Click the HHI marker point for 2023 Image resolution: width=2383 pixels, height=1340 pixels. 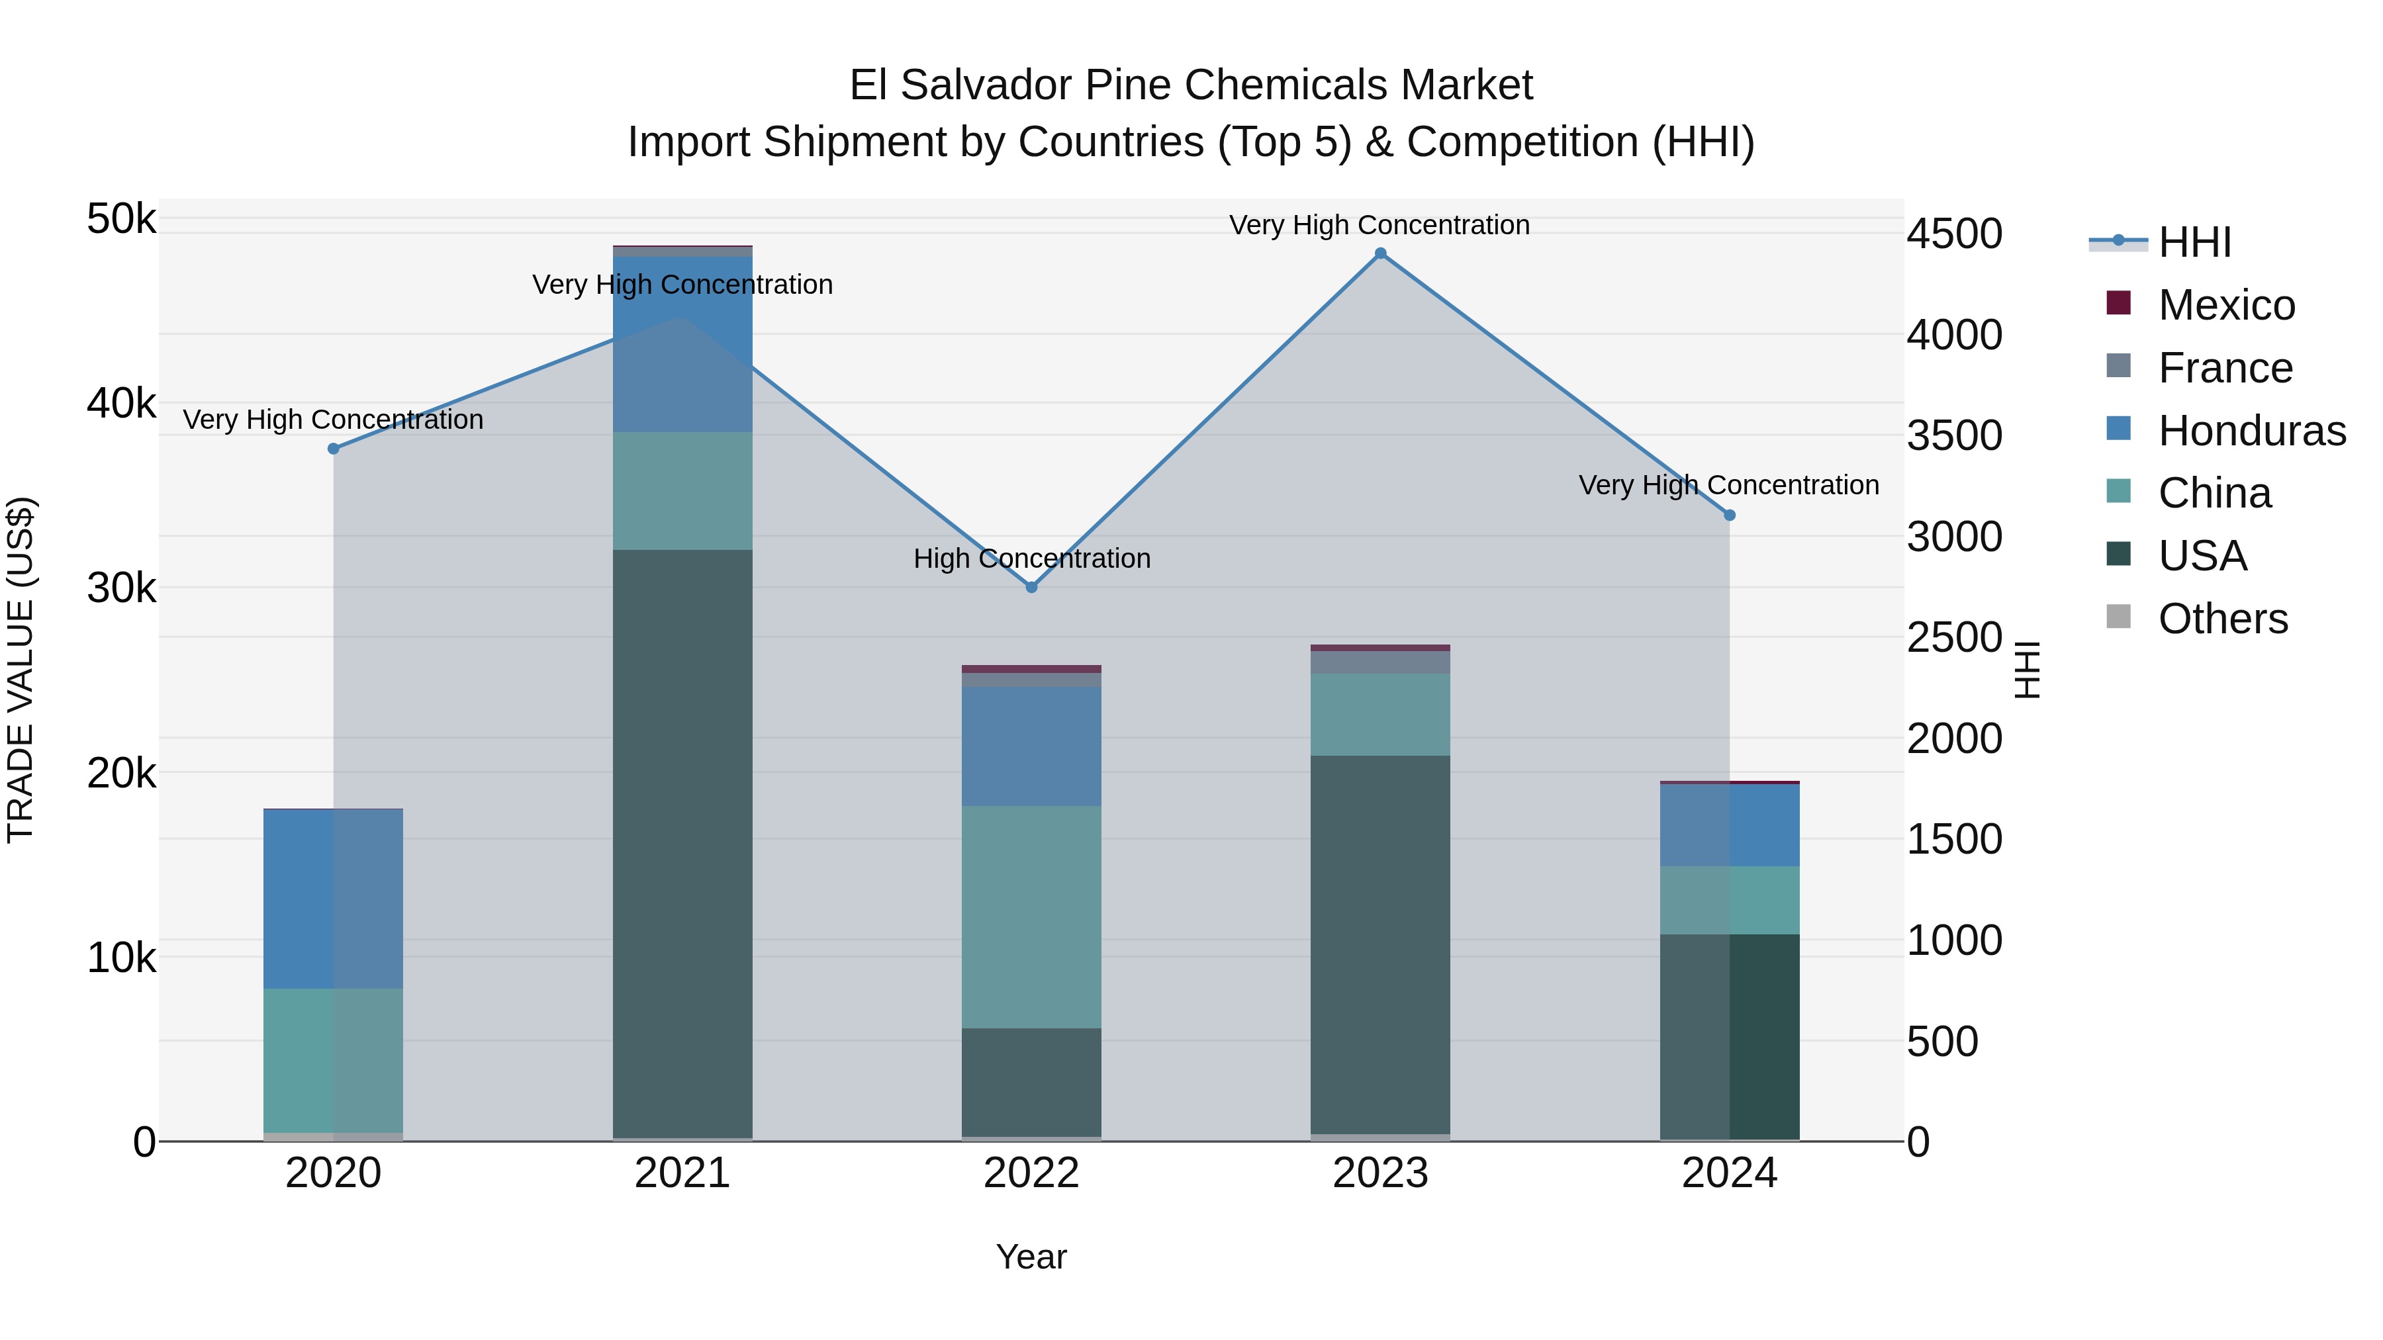click(1380, 253)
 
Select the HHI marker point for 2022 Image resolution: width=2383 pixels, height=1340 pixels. click(1031, 587)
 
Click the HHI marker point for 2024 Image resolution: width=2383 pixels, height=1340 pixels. click(1729, 515)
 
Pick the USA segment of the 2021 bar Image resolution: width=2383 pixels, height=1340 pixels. click(682, 842)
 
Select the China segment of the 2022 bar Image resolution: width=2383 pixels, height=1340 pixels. click(1031, 916)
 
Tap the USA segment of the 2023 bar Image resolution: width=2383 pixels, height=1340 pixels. click(1380, 943)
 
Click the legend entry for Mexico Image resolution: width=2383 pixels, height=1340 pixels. click(2225, 305)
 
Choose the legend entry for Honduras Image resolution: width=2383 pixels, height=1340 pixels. click(2251, 431)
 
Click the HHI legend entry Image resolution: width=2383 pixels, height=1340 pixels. click(2194, 242)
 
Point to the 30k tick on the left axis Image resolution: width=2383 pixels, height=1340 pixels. click(121, 588)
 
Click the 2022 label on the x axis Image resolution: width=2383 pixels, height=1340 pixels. click(1031, 1173)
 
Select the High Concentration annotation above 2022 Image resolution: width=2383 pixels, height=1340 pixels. click(1031, 558)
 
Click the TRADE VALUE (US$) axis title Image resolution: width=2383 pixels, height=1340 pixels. click(21, 670)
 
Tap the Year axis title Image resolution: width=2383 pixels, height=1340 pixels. click(1031, 1257)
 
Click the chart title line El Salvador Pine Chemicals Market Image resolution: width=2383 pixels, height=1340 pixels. click(1191, 85)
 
